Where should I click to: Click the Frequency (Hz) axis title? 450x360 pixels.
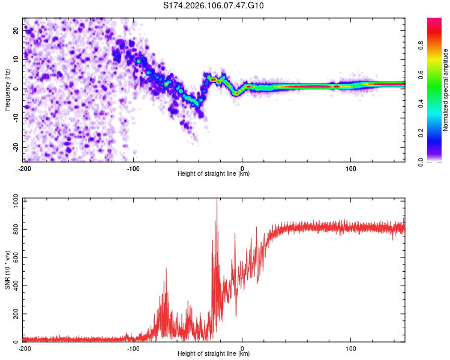pos(7,90)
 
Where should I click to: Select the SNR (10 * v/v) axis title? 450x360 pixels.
pos(7,272)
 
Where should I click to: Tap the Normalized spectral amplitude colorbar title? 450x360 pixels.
pos(446,90)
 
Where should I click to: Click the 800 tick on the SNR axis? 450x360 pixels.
pos(14,230)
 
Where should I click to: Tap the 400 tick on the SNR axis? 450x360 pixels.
pos(14,286)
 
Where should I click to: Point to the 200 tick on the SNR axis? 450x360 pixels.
pos(14,314)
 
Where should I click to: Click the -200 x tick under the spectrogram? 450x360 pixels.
pos(25,167)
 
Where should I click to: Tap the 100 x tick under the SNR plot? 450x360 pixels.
pos(351,348)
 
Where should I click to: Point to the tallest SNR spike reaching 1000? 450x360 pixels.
pos(217,202)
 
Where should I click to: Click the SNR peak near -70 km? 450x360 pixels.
pos(166,269)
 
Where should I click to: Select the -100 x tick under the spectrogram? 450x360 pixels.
pos(133,167)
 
